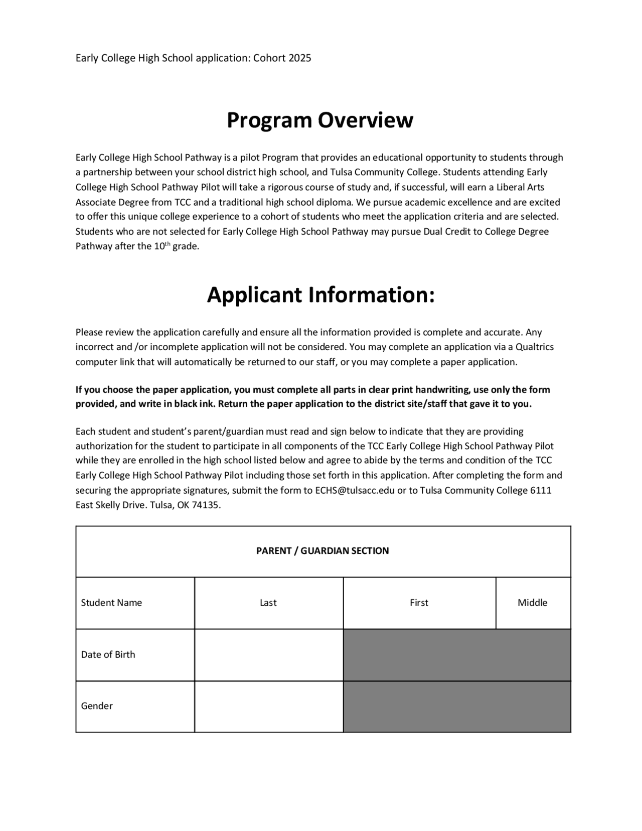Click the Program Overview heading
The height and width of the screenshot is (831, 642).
[x=320, y=120]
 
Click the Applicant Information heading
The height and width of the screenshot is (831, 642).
[x=320, y=295]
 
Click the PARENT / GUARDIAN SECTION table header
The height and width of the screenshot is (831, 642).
[x=323, y=551]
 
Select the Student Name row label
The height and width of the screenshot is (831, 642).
[x=111, y=603]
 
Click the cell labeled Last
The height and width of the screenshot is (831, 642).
[x=268, y=603]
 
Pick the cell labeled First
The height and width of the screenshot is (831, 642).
[x=419, y=603]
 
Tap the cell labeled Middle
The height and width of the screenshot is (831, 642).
[x=532, y=603]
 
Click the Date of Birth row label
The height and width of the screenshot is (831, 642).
[x=108, y=654]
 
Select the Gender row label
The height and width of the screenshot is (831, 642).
[x=97, y=706]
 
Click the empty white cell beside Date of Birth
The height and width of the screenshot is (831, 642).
[x=268, y=655]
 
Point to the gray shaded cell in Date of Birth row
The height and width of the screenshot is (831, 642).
[x=456, y=655]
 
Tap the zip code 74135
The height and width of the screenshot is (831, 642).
[x=206, y=505]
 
